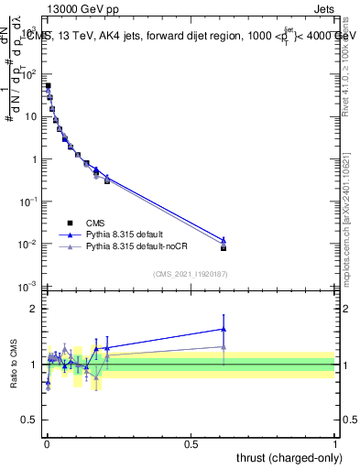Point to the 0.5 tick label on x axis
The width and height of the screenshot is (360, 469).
tap(191, 442)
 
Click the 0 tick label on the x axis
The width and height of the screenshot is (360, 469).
tap(46, 442)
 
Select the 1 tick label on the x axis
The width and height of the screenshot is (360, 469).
tap(335, 442)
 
